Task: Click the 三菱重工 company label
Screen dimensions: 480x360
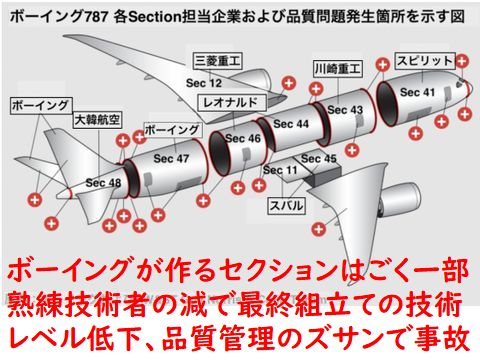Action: [x=218, y=61]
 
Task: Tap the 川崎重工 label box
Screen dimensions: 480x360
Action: [x=338, y=69]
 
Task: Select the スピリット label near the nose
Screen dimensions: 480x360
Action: [x=425, y=61]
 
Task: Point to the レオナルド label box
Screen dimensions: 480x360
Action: [x=232, y=103]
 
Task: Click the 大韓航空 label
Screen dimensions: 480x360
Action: [x=97, y=120]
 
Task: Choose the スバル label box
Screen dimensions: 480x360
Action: [x=287, y=205]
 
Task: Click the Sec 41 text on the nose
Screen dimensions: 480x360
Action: [x=418, y=92]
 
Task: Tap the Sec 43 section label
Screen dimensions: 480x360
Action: [x=345, y=110]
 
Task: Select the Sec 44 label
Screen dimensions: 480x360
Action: [x=291, y=124]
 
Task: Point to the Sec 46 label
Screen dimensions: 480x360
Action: [x=243, y=138]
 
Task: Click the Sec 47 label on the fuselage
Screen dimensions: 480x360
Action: [x=171, y=158]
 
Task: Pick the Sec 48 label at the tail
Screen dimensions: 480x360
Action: [x=103, y=183]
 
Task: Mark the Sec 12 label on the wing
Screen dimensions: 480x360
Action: [x=204, y=83]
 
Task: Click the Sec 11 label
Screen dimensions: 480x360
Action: [x=280, y=170]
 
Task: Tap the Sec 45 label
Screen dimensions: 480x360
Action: [x=319, y=159]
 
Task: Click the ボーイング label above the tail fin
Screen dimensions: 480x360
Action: [x=41, y=106]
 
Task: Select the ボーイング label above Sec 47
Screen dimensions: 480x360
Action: [x=173, y=130]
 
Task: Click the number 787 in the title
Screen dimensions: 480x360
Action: [x=95, y=17]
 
